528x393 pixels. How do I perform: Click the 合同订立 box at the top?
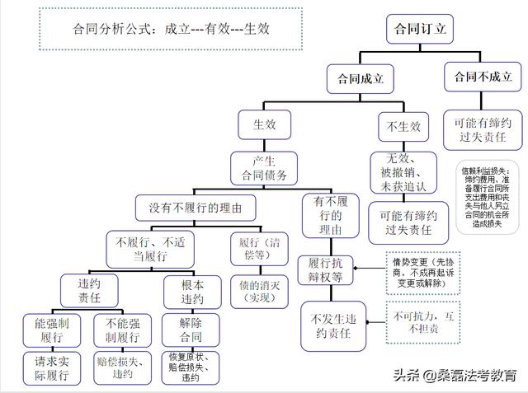[x=420, y=28]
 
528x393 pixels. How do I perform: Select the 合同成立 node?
[x=360, y=80]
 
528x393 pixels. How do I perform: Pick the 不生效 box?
[x=403, y=127]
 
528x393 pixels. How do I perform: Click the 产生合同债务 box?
[x=262, y=167]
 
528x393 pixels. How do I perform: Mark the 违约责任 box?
[x=78, y=290]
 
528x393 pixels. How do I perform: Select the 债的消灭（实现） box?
[x=260, y=291]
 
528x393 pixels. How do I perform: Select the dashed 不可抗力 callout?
[x=425, y=322]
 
